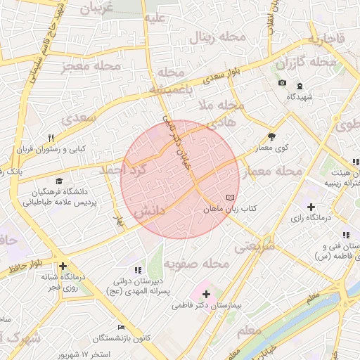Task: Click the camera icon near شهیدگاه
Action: pos(282,83)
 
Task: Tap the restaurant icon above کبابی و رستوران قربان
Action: pos(51,139)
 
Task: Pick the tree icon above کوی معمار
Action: pos(272,136)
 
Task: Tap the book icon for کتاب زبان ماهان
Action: pos(231,198)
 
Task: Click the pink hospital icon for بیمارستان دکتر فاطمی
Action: pos(205,292)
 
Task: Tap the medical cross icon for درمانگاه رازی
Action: pos(310,207)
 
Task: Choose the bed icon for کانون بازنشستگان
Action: pos(122,328)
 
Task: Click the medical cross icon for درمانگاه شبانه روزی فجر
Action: pos(63,266)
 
